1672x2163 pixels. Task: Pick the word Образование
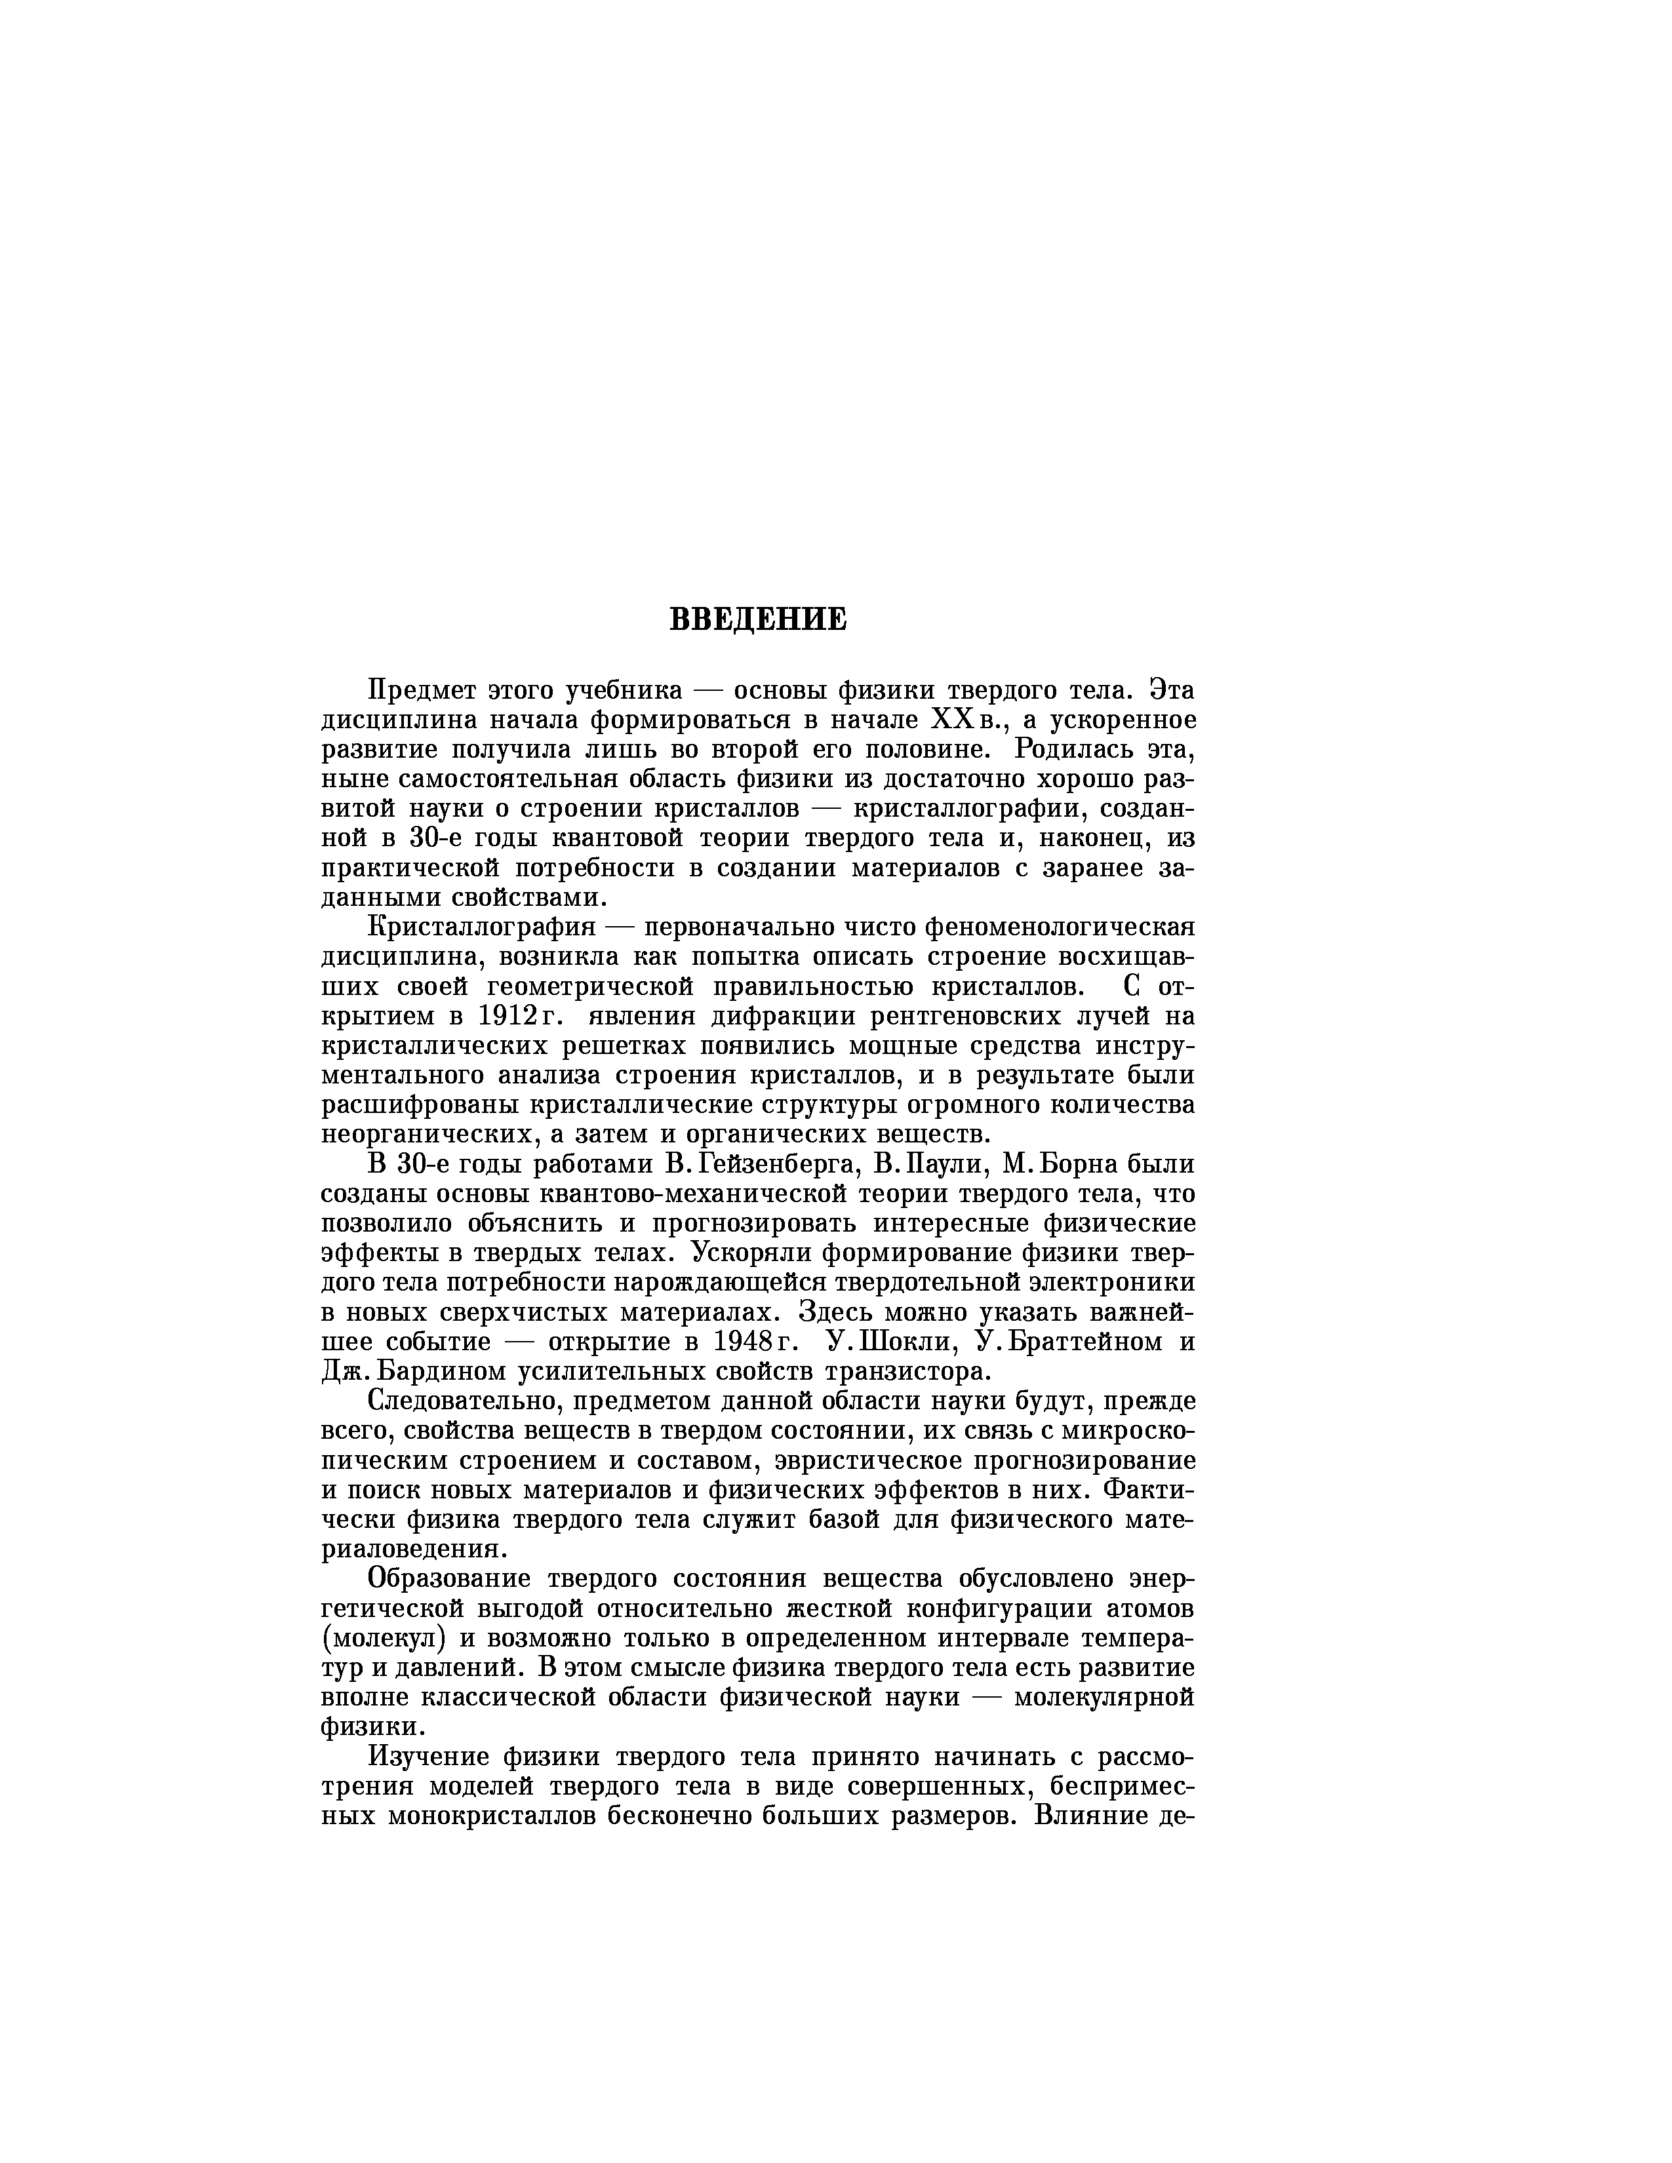(450, 1579)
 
